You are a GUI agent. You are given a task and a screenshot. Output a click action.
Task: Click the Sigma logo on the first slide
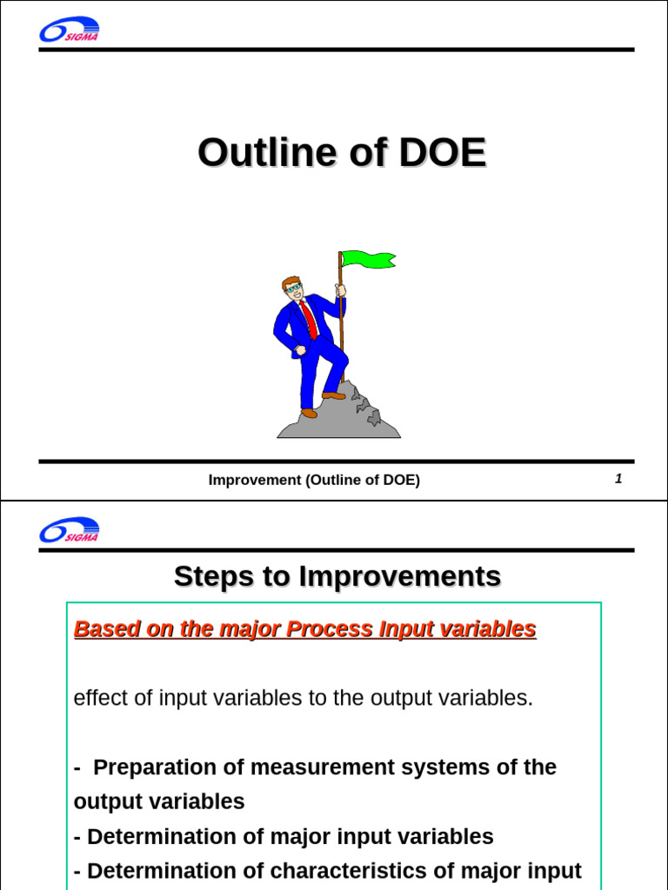(69, 30)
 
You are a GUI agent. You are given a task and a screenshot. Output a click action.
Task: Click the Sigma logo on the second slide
(69, 530)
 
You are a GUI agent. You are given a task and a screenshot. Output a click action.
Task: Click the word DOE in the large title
(442, 154)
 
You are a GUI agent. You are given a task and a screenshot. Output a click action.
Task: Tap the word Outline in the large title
(266, 154)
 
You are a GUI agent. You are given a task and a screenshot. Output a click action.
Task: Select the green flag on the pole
(368, 259)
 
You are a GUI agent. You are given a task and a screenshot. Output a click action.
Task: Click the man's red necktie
(310, 319)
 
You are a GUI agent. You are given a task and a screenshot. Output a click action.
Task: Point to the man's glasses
(294, 289)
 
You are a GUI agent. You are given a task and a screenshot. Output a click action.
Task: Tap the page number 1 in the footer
(618, 479)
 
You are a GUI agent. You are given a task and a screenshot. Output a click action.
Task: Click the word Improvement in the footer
(254, 480)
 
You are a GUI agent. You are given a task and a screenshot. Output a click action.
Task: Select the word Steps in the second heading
(207, 576)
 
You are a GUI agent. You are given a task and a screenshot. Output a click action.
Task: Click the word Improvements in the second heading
(399, 576)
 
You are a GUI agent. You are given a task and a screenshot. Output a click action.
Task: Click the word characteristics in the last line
(339, 871)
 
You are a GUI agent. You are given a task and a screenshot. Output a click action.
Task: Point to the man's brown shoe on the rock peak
(333, 395)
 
